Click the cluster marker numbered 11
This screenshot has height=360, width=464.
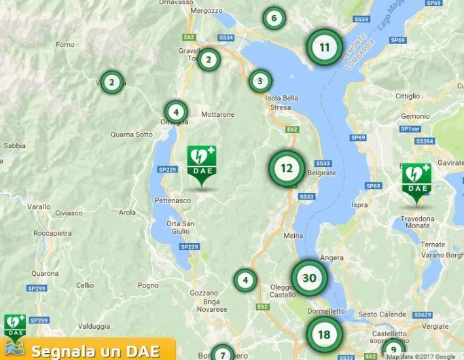tap(324, 47)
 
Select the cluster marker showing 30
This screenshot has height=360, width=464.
tap(309, 278)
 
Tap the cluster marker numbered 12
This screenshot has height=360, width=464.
tap(287, 168)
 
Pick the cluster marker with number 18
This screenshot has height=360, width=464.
tap(324, 334)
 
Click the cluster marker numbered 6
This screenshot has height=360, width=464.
tap(274, 18)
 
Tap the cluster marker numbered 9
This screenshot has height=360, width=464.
tap(393, 350)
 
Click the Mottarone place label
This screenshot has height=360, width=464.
tap(217, 114)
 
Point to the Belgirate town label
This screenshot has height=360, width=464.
tap(321, 173)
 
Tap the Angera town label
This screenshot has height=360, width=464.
tap(332, 258)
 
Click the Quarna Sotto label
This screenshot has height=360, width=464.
tap(132, 134)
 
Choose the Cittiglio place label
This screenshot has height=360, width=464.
tap(408, 96)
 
